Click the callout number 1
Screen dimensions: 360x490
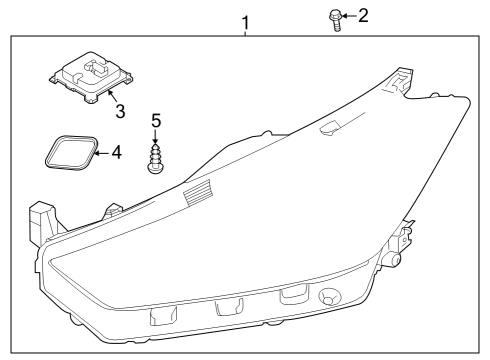pos(245,22)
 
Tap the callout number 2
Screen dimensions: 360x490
pos(363,15)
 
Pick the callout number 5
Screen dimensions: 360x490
pos(155,121)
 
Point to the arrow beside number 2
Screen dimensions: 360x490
pos(349,15)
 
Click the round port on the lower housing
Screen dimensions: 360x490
pos(328,299)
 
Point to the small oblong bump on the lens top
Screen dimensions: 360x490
pos(329,126)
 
